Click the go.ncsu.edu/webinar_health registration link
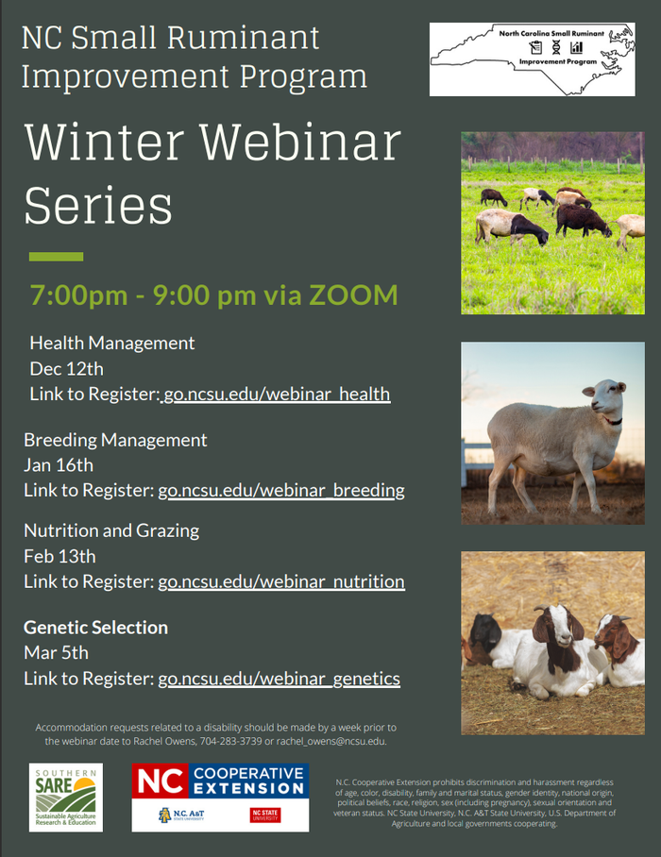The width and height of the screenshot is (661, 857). tap(276, 394)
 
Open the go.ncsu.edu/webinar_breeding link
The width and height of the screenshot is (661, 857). tap(281, 491)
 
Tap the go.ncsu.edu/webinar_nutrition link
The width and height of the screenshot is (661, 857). tap(281, 581)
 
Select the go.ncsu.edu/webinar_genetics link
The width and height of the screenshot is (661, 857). tap(279, 679)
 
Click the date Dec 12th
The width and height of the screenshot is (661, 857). tap(67, 368)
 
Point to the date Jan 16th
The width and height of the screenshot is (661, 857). tap(59, 465)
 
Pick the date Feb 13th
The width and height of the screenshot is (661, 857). tap(59, 556)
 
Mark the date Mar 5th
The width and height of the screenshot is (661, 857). tap(56, 653)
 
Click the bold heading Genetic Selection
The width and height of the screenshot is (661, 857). tap(95, 628)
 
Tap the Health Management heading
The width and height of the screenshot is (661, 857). tap(111, 343)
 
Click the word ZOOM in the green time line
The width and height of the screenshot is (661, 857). tap(349, 295)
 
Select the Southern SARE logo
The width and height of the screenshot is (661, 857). tap(66, 798)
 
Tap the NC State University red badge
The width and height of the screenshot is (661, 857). tap(265, 815)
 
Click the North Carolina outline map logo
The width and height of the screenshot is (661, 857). tap(532, 59)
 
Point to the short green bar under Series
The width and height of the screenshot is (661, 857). tap(56, 257)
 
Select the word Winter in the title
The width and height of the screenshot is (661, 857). tap(106, 143)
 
